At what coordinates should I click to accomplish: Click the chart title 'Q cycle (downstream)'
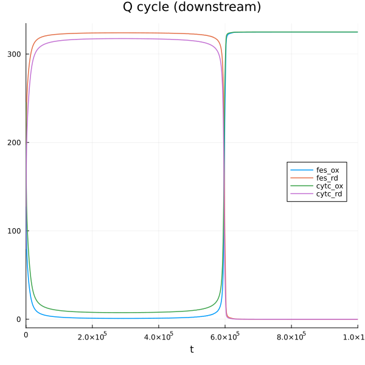coord(192,8)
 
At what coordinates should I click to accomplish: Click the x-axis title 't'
coord(192,349)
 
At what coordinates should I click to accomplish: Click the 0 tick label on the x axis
coord(26,335)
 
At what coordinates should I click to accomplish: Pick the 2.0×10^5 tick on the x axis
coord(92,335)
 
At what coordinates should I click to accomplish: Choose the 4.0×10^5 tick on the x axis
coord(158,335)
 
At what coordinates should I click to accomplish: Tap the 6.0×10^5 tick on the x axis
coord(224,335)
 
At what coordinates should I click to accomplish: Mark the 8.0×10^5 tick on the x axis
coord(291,335)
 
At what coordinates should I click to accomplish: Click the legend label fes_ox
coord(328,170)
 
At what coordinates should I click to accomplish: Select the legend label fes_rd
coord(328,178)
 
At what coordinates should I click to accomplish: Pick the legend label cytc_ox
coord(329,186)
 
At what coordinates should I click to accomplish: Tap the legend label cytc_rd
coord(329,193)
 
